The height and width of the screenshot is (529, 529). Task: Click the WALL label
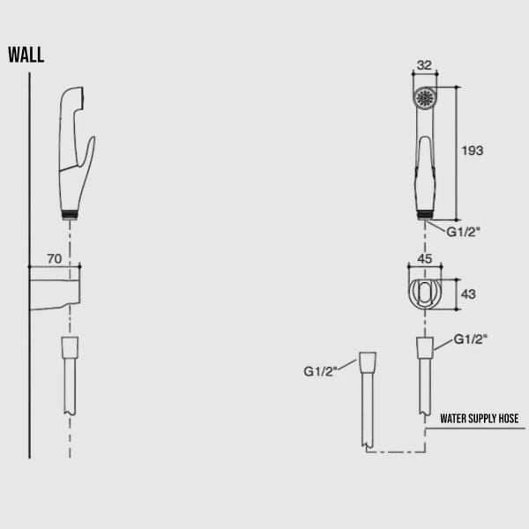[x=26, y=56]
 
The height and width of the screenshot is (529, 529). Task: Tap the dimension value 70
[x=54, y=258]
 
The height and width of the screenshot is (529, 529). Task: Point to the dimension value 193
[x=473, y=151]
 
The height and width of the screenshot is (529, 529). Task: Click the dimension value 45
[x=424, y=259]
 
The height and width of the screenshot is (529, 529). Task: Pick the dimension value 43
[x=469, y=294]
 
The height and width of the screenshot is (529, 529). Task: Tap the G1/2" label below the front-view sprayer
[x=463, y=232]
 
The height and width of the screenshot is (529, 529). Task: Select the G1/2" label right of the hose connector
[x=471, y=339]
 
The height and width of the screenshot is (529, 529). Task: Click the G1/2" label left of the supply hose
[x=322, y=371]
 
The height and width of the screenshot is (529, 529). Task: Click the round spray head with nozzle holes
[x=425, y=96]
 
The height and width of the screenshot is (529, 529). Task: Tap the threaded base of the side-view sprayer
[x=71, y=212]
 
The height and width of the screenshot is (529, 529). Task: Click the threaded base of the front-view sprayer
[x=425, y=212]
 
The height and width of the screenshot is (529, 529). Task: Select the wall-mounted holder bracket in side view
[x=55, y=289]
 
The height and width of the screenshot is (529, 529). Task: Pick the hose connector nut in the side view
[x=71, y=346]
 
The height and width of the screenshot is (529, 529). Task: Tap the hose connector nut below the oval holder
[x=425, y=347]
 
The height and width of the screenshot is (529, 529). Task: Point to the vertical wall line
[x=30, y=264]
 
